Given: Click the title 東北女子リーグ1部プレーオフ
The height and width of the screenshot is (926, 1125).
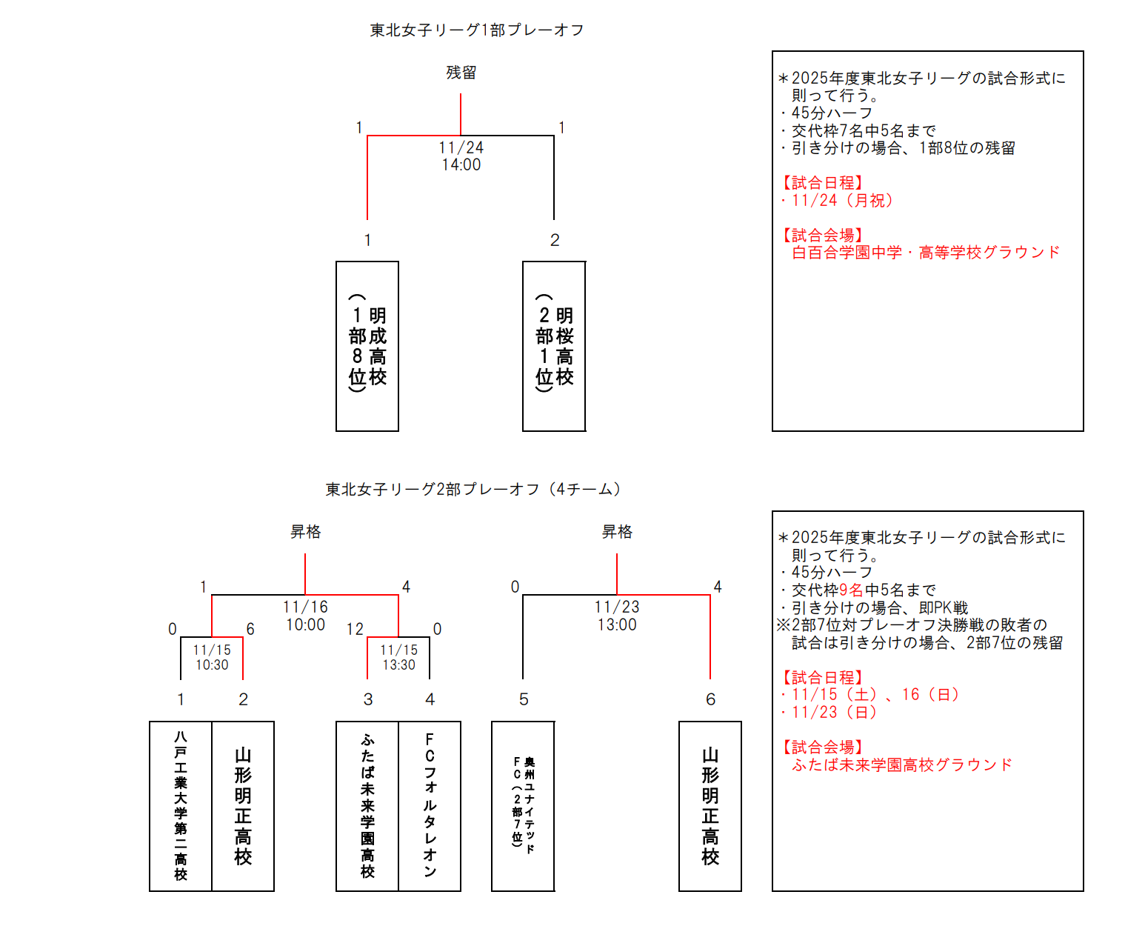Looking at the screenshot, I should coord(477,30).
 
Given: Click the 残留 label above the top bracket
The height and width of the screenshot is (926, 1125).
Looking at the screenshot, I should coord(461,73).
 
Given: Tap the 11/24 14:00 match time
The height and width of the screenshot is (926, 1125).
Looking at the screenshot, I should coord(461,156).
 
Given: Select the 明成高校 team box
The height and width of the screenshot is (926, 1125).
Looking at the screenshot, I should coord(367,346).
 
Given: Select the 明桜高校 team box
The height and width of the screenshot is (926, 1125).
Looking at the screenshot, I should coord(554,346).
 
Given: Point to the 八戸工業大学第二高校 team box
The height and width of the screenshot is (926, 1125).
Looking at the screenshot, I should coord(181,806).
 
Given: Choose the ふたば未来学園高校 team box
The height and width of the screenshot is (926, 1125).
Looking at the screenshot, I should coord(367,806).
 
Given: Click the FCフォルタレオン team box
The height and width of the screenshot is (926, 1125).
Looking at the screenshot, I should coord(430,806).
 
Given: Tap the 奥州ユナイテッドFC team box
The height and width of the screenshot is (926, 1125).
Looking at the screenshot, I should coord(523,806).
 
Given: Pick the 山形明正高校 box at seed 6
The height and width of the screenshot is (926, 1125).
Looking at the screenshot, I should coord(710,806).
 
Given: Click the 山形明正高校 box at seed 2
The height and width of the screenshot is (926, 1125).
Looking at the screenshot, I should coord(243,806).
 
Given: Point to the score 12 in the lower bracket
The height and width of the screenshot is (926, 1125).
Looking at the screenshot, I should coord(355,630).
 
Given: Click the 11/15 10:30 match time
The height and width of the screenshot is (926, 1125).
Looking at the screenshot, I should coord(212,657).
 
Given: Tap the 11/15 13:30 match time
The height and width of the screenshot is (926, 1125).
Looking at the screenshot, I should coord(398,657).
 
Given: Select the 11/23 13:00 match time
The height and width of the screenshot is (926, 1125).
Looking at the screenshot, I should coord(616,616).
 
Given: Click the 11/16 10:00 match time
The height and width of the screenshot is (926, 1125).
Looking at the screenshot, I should coord(305,616).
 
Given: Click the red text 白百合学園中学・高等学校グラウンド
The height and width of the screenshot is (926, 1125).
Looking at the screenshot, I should coord(926,253).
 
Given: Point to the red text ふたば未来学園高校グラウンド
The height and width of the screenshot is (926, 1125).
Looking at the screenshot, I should coord(901,765).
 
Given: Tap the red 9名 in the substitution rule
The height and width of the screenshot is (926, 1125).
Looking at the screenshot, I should coord(851,590).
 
